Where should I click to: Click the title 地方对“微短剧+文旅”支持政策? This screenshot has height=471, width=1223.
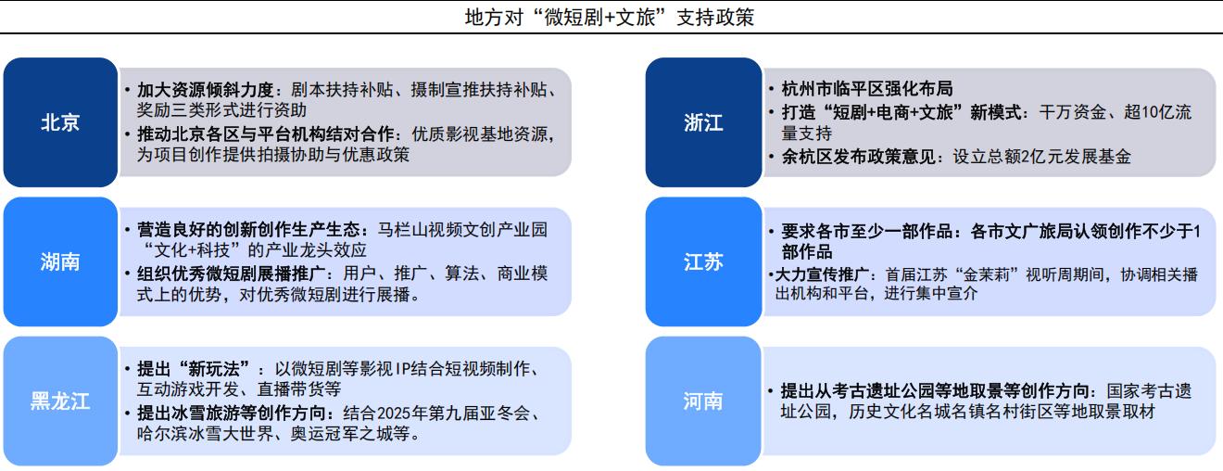[x=610, y=18]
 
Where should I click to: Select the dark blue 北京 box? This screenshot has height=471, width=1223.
[x=60, y=121]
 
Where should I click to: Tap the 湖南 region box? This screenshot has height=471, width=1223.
[x=60, y=261]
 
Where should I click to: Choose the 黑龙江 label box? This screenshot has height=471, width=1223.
[x=60, y=401]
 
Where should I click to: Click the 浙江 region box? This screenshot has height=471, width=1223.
[x=703, y=121]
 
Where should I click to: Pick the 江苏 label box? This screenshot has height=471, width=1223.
[x=703, y=261]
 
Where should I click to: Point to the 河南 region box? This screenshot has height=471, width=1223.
[x=703, y=401]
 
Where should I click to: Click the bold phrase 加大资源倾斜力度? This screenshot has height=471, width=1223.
[x=206, y=90]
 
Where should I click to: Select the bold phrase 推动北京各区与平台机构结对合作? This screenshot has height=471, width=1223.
[x=265, y=134]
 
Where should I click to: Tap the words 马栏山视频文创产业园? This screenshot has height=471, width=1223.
[x=462, y=230]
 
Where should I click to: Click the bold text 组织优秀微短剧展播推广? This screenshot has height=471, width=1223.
[x=231, y=274]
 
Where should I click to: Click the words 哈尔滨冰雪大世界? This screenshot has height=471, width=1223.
[x=205, y=434]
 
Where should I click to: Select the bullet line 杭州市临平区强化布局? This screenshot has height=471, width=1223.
[x=867, y=88]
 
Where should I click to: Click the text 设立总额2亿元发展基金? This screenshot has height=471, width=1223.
[x=1041, y=157]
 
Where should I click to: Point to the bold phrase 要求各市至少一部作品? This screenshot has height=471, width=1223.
[x=867, y=231]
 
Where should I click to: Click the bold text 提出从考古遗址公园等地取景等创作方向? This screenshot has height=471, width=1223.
[x=935, y=390]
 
